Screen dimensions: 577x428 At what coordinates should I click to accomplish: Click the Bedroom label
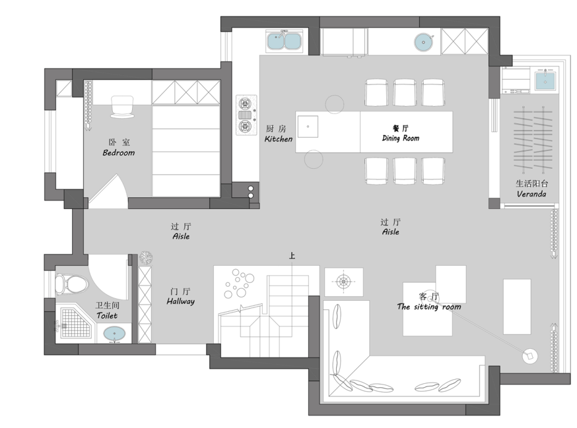(118, 152)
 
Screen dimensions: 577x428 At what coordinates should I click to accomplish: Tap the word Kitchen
(279, 139)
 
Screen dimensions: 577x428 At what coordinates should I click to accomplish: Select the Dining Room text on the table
(401, 138)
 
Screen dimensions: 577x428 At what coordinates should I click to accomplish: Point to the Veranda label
(531, 194)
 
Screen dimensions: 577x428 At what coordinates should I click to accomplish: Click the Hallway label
(180, 301)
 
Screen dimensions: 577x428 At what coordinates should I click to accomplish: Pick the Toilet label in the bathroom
(107, 315)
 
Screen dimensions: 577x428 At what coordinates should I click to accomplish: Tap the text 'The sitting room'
(429, 307)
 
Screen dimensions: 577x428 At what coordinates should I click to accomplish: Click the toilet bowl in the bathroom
(72, 284)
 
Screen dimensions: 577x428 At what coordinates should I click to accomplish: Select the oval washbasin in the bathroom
(114, 334)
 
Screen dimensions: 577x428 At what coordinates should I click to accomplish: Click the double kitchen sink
(284, 41)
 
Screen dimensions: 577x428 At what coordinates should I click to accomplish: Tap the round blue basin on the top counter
(424, 42)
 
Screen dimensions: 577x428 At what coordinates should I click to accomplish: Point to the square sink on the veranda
(545, 81)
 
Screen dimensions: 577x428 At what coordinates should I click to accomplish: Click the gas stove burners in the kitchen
(246, 115)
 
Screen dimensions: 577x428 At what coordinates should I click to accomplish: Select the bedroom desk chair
(122, 107)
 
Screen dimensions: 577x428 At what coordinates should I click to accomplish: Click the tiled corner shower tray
(75, 323)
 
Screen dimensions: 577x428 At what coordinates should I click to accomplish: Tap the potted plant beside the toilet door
(146, 258)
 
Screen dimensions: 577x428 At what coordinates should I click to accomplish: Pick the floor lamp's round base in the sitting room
(530, 356)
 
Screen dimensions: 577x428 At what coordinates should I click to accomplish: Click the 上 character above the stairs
(292, 256)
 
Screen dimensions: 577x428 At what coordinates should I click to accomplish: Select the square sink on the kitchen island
(308, 127)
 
